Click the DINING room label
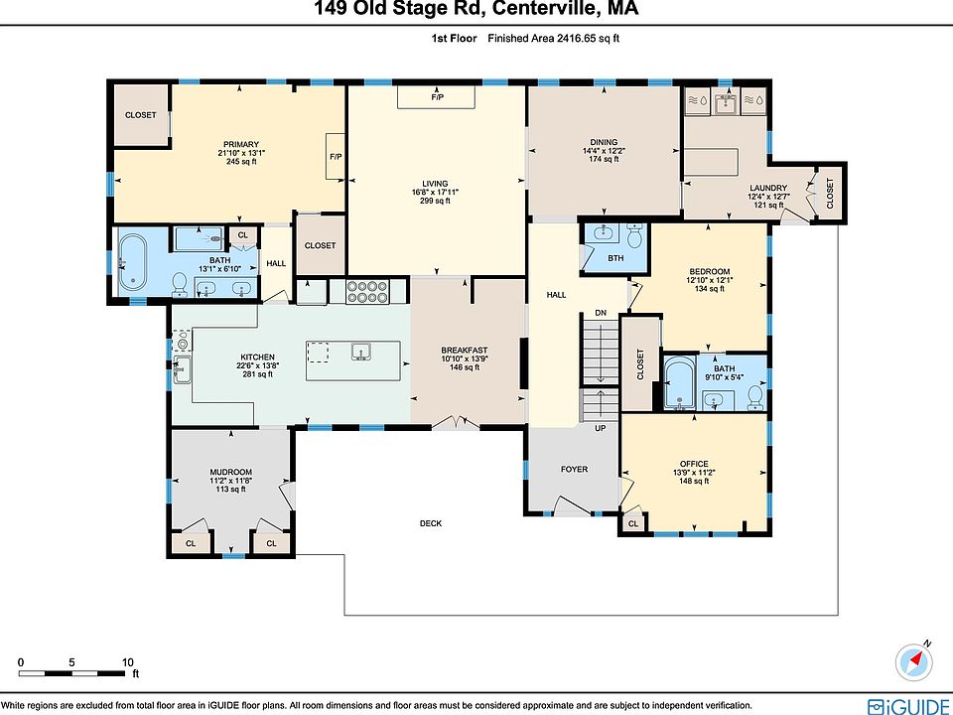point(604,142)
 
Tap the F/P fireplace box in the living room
point(437,97)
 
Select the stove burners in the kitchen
point(367,292)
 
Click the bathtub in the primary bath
point(132,262)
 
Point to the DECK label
point(431,523)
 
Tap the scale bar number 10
point(128,662)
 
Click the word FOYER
point(575,469)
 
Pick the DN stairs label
point(601,313)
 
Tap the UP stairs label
point(601,428)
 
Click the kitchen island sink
point(361,352)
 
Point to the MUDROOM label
point(231,472)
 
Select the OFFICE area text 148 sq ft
point(694,481)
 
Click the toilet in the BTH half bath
point(634,236)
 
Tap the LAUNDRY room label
point(768,188)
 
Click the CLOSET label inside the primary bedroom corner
point(140,115)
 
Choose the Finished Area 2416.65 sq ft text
point(554,39)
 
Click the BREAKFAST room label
point(465,351)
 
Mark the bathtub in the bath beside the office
point(677,383)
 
